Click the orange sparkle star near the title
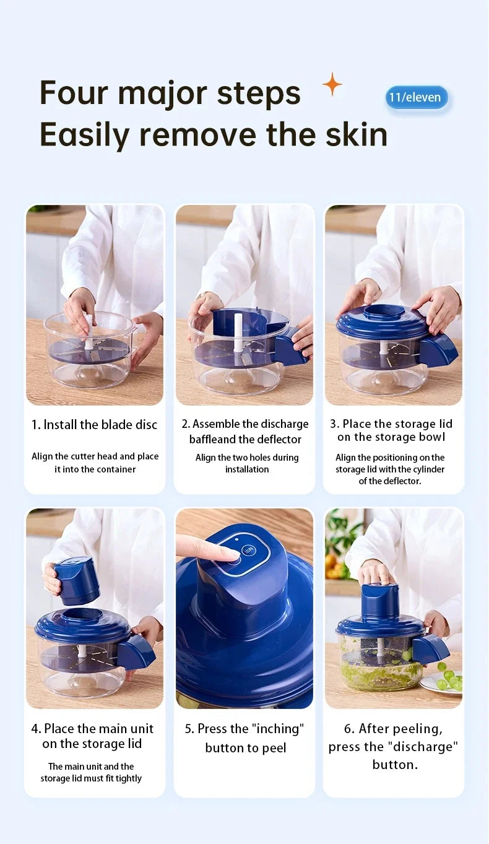(x=332, y=84)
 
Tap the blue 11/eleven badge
(x=416, y=97)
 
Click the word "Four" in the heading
(x=74, y=94)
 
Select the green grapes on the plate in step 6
(x=449, y=676)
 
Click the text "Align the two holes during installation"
(x=246, y=463)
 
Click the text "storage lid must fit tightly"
(x=91, y=778)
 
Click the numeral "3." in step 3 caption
(x=334, y=424)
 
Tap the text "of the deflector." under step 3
(x=390, y=481)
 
